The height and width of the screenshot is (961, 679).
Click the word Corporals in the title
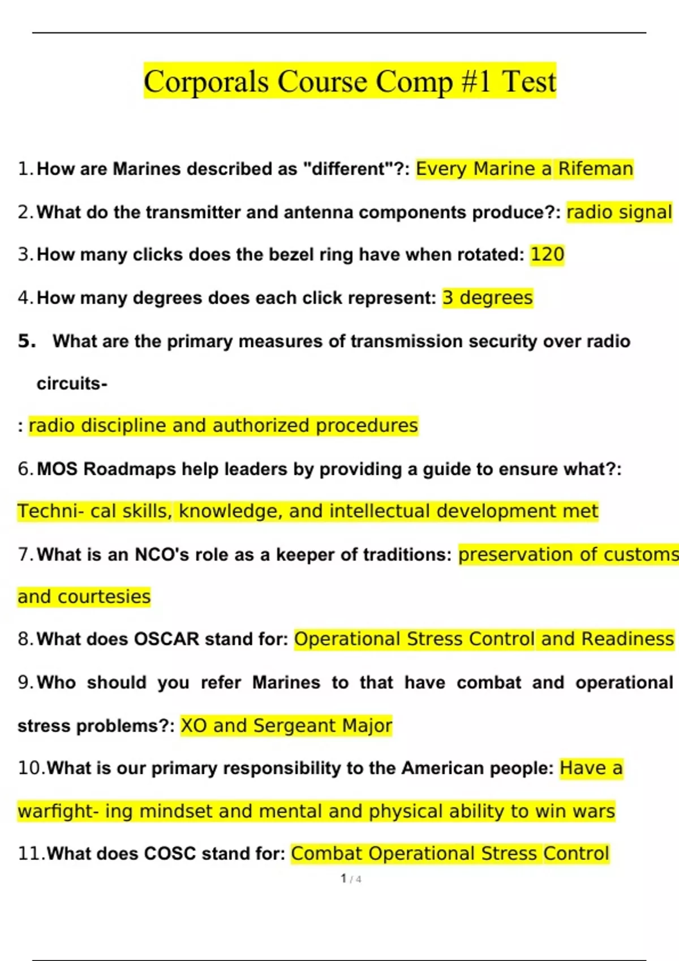click(x=206, y=82)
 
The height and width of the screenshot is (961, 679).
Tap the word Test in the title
click(x=529, y=82)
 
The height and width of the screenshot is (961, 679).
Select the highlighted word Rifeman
click(x=595, y=169)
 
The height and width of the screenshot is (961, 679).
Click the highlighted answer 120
click(x=547, y=254)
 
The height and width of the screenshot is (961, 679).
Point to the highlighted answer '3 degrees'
click(x=487, y=297)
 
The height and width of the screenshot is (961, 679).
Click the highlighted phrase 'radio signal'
click(x=619, y=212)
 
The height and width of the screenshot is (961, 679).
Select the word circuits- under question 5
click(x=72, y=384)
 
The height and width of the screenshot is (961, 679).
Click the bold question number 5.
click(x=27, y=341)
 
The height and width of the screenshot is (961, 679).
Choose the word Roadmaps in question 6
click(x=130, y=469)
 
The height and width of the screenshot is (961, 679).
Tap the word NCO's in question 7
click(x=162, y=555)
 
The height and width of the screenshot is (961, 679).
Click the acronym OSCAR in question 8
click(x=166, y=639)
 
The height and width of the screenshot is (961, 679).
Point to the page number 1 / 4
click(x=351, y=879)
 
